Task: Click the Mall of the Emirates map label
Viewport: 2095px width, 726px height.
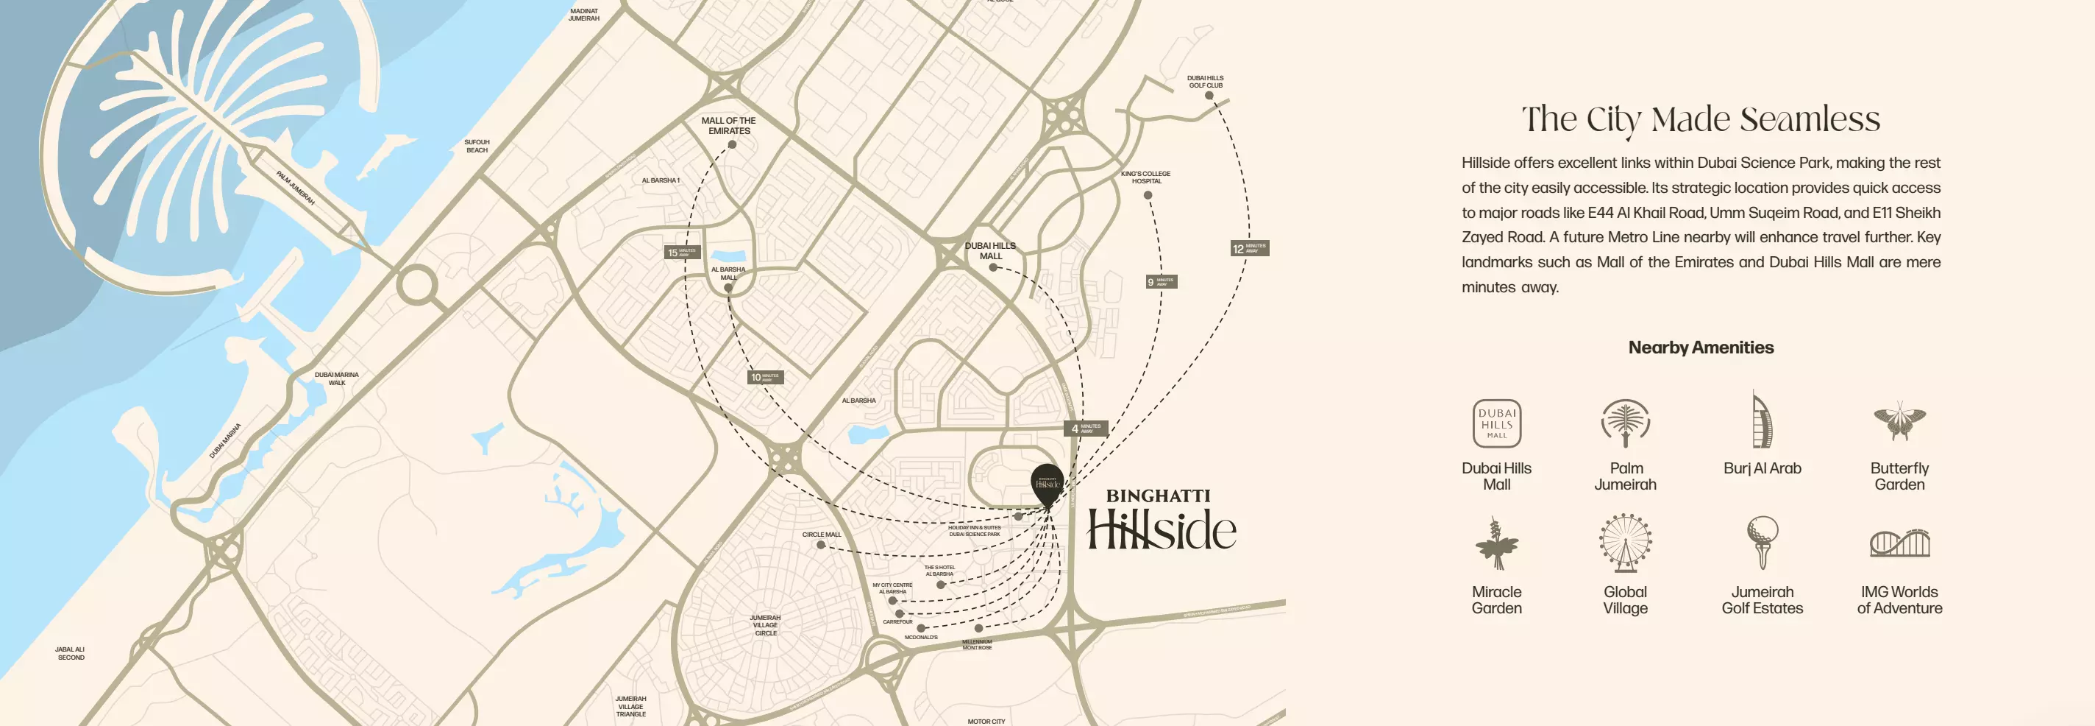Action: pyautogui.click(x=729, y=125)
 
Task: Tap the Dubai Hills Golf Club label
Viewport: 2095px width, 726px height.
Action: pyautogui.click(x=1204, y=82)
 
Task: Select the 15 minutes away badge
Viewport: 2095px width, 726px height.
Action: pyautogui.click(x=680, y=253)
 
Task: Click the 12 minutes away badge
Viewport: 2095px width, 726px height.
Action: pyautogui.click(x=1249, y=248)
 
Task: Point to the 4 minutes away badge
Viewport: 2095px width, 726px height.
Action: pyautogui.click(x=1085, y=428)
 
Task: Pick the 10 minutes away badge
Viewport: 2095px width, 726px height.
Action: pyautogui.click(x=764, y=377)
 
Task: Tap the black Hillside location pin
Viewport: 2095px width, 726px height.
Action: pyautogui.click(x=1047, y=482)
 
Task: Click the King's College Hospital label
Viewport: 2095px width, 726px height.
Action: pyautogui.click(x=1145, y=177)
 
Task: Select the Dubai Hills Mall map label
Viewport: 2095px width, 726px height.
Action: pyautogui.click(x=990, y=250)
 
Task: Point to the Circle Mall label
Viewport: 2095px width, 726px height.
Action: pyautogui.click(x=822, y=535)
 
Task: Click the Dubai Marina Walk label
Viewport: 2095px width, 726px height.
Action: pyautogui.click(x=337, y=378)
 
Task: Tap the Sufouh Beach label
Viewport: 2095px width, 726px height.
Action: pyautogui.click(x=477, y=146)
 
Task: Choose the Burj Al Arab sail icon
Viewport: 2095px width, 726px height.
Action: pyautogui.click(x=1762, y=420)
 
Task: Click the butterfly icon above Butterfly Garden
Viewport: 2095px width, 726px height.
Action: pyautogui.click(x=1899, y=420)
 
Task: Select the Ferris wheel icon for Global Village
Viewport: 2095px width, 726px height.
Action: pyautogui.click(x=1625, y=542)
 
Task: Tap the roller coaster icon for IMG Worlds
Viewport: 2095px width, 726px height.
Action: pyautogui.click(x=1899, y=543)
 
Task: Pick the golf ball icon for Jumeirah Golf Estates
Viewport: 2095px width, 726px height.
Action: pyautogui.click(x=1762, y=542)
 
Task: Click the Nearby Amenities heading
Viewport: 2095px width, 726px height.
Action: pyautogui.click(x=1701, y=348)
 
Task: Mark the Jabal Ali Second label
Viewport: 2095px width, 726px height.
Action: pyautogui.click(x=70, y=654)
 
